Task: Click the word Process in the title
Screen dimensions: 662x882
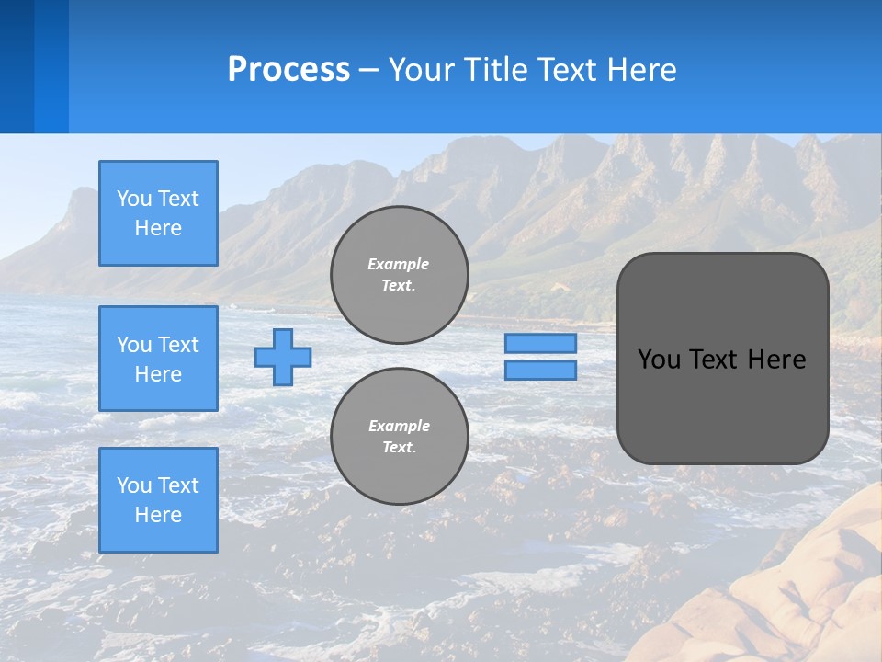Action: [x=288, y=70]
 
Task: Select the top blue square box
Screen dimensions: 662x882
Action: [x=158, y=213]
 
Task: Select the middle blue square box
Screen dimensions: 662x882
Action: [x=158, y=359]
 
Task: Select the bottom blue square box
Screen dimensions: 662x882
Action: [x=158, y=500]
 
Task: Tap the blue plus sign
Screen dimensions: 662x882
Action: [x=283, y=357]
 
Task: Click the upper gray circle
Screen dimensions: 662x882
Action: [x=399, y=275]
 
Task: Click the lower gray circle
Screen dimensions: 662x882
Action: [x=399, y=437]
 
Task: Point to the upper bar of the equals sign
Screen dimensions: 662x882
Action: [x=540, y=343]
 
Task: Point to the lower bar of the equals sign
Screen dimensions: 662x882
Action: [x=540, y=370]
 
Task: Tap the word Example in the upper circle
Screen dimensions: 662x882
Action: [x=399, y=264]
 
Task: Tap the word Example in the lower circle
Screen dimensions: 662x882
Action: [x=399, y=426]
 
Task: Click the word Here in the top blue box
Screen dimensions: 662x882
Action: [x=158, y=228]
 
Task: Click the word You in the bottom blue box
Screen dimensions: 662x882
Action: [x=132, y=485]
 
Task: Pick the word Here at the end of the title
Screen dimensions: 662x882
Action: [x=640, y=70]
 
